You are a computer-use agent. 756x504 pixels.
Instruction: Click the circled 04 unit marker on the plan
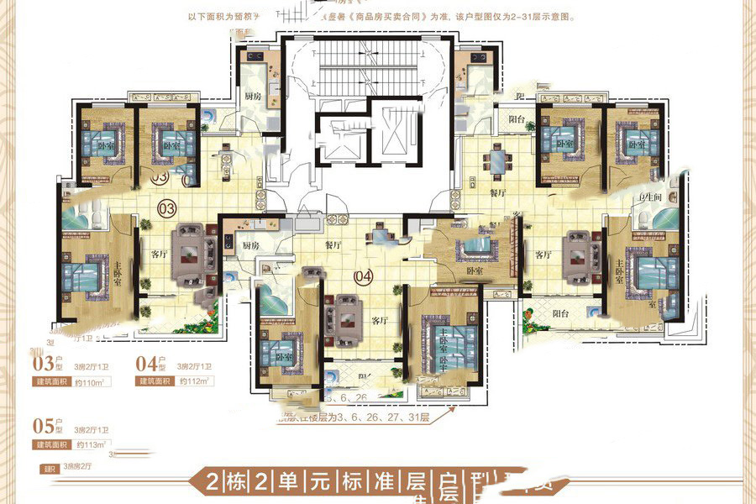click(363, 275)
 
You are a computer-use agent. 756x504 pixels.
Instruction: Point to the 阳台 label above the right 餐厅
click(517, 120)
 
